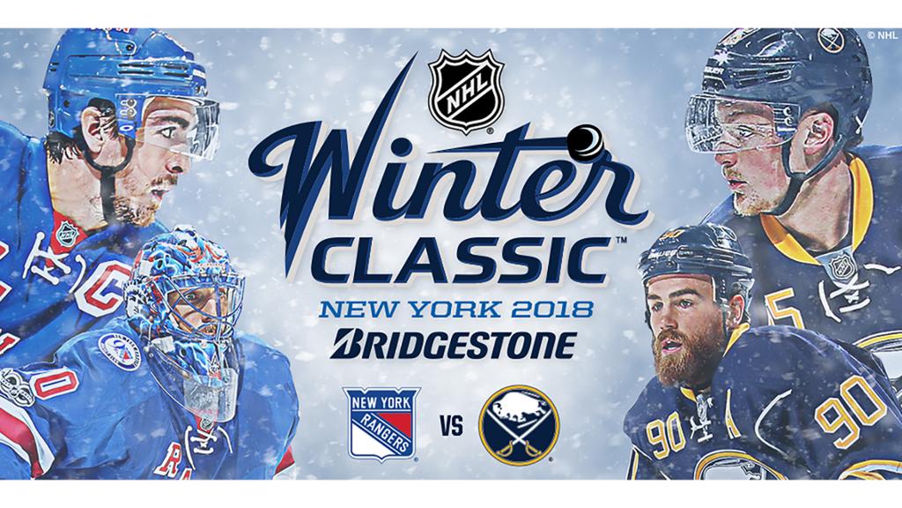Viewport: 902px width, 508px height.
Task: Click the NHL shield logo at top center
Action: (466, 91)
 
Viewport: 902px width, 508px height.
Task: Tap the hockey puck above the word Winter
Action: (585, 142)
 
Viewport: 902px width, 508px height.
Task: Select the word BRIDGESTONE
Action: (454, 344)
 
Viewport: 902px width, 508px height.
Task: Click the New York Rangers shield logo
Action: (381, 423)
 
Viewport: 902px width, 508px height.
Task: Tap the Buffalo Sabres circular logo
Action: (520, 426)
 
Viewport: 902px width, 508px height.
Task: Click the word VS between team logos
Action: (452, 427)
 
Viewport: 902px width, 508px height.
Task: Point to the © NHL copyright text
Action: (883, 35)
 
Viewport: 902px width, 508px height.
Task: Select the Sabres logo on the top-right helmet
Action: (831, 40)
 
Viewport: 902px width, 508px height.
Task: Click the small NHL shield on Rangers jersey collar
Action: (69, 233)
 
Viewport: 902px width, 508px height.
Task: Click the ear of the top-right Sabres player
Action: (819, 134)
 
